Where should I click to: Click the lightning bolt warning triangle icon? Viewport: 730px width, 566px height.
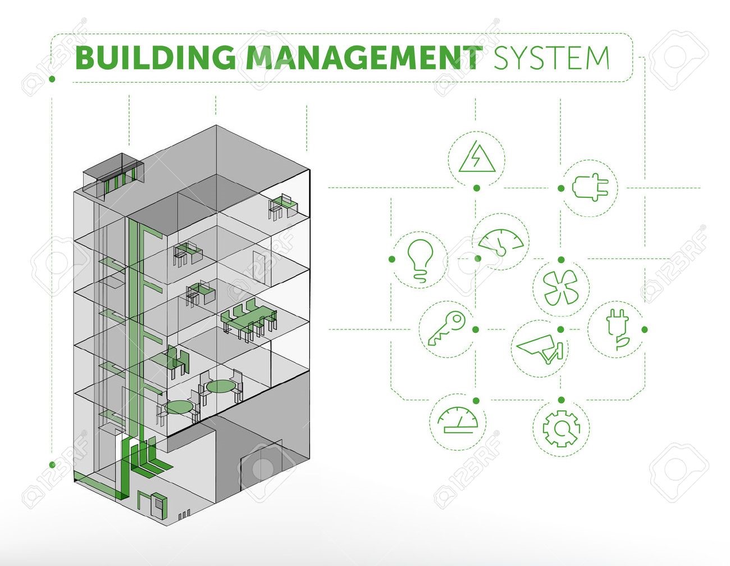[477, 157]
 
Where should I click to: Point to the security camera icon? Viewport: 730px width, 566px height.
[539, 348]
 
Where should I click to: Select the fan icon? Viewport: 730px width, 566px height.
[560, 287]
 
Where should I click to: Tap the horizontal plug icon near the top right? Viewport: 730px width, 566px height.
[590, 187]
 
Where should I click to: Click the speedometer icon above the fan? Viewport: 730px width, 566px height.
[501, 242]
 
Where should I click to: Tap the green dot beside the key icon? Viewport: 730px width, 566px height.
[476, 329]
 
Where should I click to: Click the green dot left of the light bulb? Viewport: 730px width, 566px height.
[392, 259]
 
